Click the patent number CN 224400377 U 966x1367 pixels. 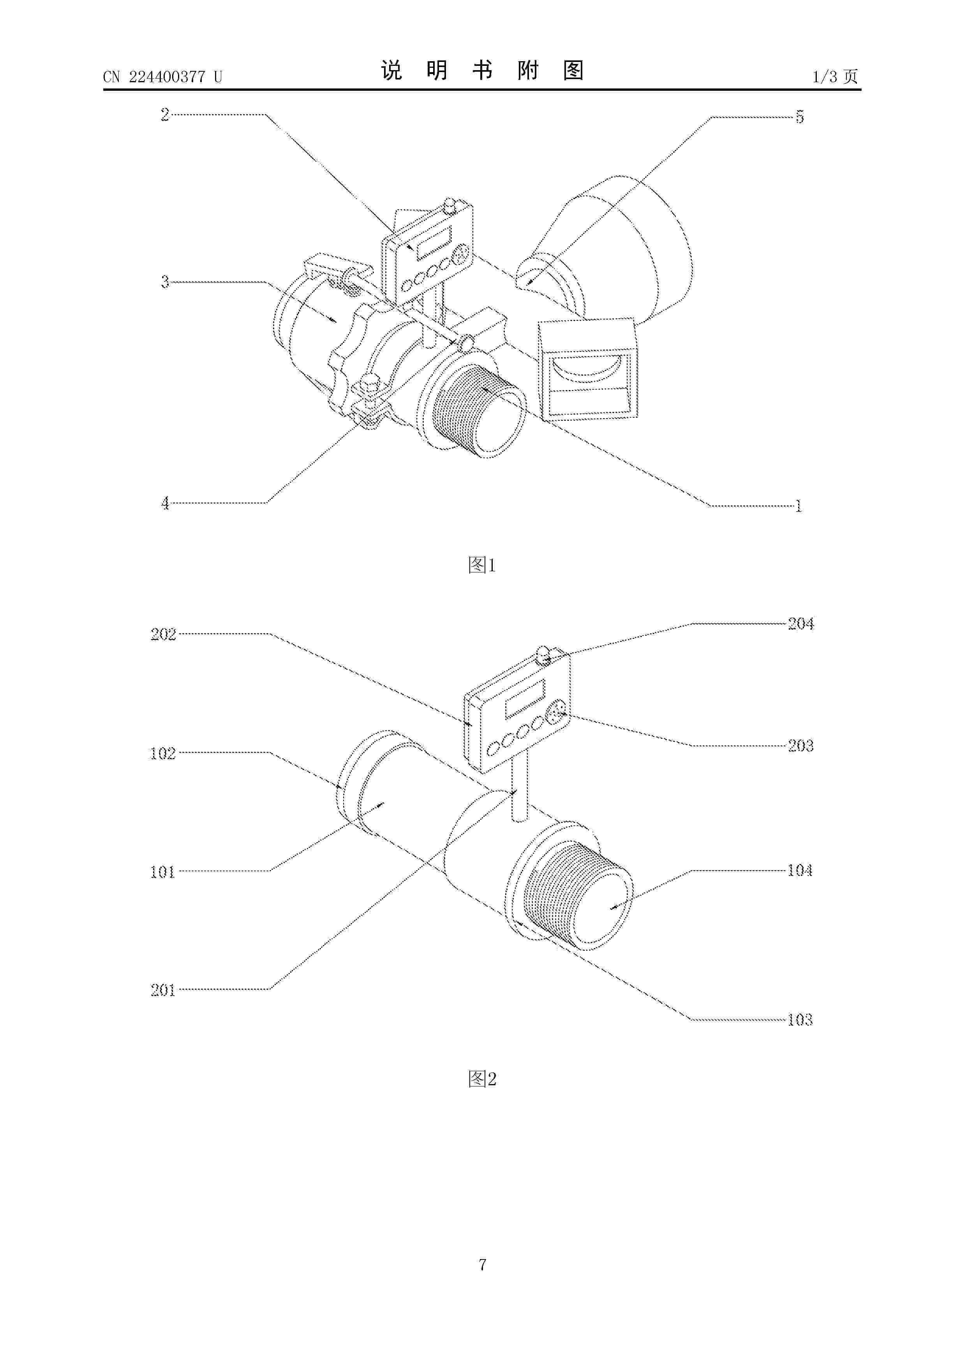(162, 77)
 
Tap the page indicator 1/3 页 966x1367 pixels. (835, 76)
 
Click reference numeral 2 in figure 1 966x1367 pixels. (165, 114)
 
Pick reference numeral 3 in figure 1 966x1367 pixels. (165, 282)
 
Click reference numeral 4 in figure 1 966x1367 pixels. (165, 503)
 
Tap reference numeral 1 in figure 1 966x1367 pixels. (799, 506)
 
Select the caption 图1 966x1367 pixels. (482, 564)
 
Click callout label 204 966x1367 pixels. (800, 623)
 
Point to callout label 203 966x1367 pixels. (800, 745)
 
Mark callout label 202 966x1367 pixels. (163, 634)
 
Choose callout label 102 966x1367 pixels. (163, 753)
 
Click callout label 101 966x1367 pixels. (162, 872)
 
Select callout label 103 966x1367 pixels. (800, 1020)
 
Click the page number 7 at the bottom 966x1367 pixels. (483, 1265)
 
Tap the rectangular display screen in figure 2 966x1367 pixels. (525, 698)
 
